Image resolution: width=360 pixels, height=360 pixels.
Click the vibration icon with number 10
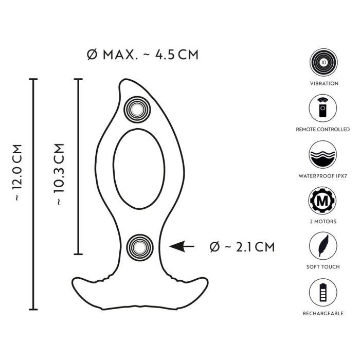tap(323, 62)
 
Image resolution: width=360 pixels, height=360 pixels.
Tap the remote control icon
tap(323, 108)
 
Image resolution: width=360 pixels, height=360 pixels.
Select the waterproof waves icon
tap(323, 154)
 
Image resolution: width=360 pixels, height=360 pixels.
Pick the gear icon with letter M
tap(322, 201)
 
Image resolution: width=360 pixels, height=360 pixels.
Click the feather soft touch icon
tap(323, 246)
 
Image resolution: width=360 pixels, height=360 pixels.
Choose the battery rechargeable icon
tap(323, 292)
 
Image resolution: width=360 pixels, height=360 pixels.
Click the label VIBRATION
tap(324, 83)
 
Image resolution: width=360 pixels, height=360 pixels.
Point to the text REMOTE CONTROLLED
tap(323, 130)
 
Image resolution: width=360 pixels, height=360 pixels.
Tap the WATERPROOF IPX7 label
tap(322, 176)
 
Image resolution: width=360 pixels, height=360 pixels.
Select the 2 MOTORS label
tap(323, 222)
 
